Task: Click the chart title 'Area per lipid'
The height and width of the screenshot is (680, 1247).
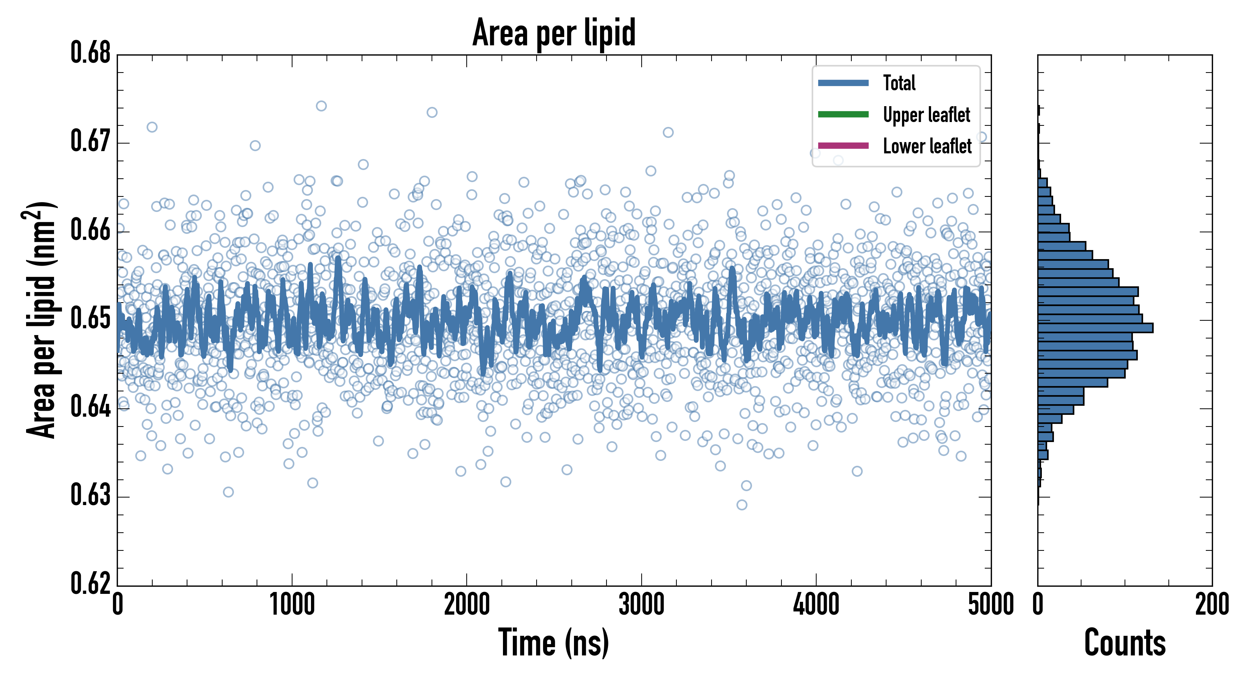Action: click(554, 32)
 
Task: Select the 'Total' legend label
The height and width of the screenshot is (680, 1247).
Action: click(899, 83)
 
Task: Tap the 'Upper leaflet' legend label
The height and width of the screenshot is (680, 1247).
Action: click(926, 115)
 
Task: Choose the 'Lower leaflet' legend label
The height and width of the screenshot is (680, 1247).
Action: click(927, 146)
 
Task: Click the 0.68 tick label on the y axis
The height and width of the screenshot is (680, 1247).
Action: click(91, 53)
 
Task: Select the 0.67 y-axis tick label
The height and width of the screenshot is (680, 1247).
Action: click(91, 141)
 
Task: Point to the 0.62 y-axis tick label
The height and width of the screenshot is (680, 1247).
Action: click(91, 583)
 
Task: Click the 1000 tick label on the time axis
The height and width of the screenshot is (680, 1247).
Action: click(292, 605)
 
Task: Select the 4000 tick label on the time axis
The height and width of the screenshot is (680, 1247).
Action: click(816, 605)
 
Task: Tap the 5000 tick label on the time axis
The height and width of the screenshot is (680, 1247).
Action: click(990, 605)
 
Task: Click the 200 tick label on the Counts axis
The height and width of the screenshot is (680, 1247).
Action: click(1211, 605)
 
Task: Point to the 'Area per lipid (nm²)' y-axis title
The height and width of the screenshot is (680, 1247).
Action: click(41, 320)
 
